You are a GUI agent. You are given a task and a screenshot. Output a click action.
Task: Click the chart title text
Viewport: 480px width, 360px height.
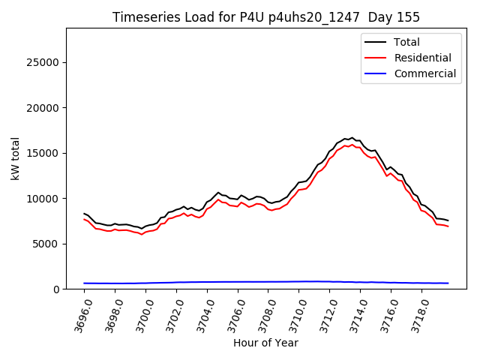click(266, 17)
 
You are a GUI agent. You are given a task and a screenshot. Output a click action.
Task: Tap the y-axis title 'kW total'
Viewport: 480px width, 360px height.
click(16, 158)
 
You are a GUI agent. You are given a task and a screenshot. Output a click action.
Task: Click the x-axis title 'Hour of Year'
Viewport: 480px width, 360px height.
click(265, 343)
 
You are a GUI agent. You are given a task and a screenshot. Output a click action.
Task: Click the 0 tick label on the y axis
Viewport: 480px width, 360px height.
click(58, 289)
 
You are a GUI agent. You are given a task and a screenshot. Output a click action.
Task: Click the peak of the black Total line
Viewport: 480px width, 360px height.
click(352, 138)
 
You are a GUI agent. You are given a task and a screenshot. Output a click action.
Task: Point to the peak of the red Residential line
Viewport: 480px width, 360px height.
click(352, 144)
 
